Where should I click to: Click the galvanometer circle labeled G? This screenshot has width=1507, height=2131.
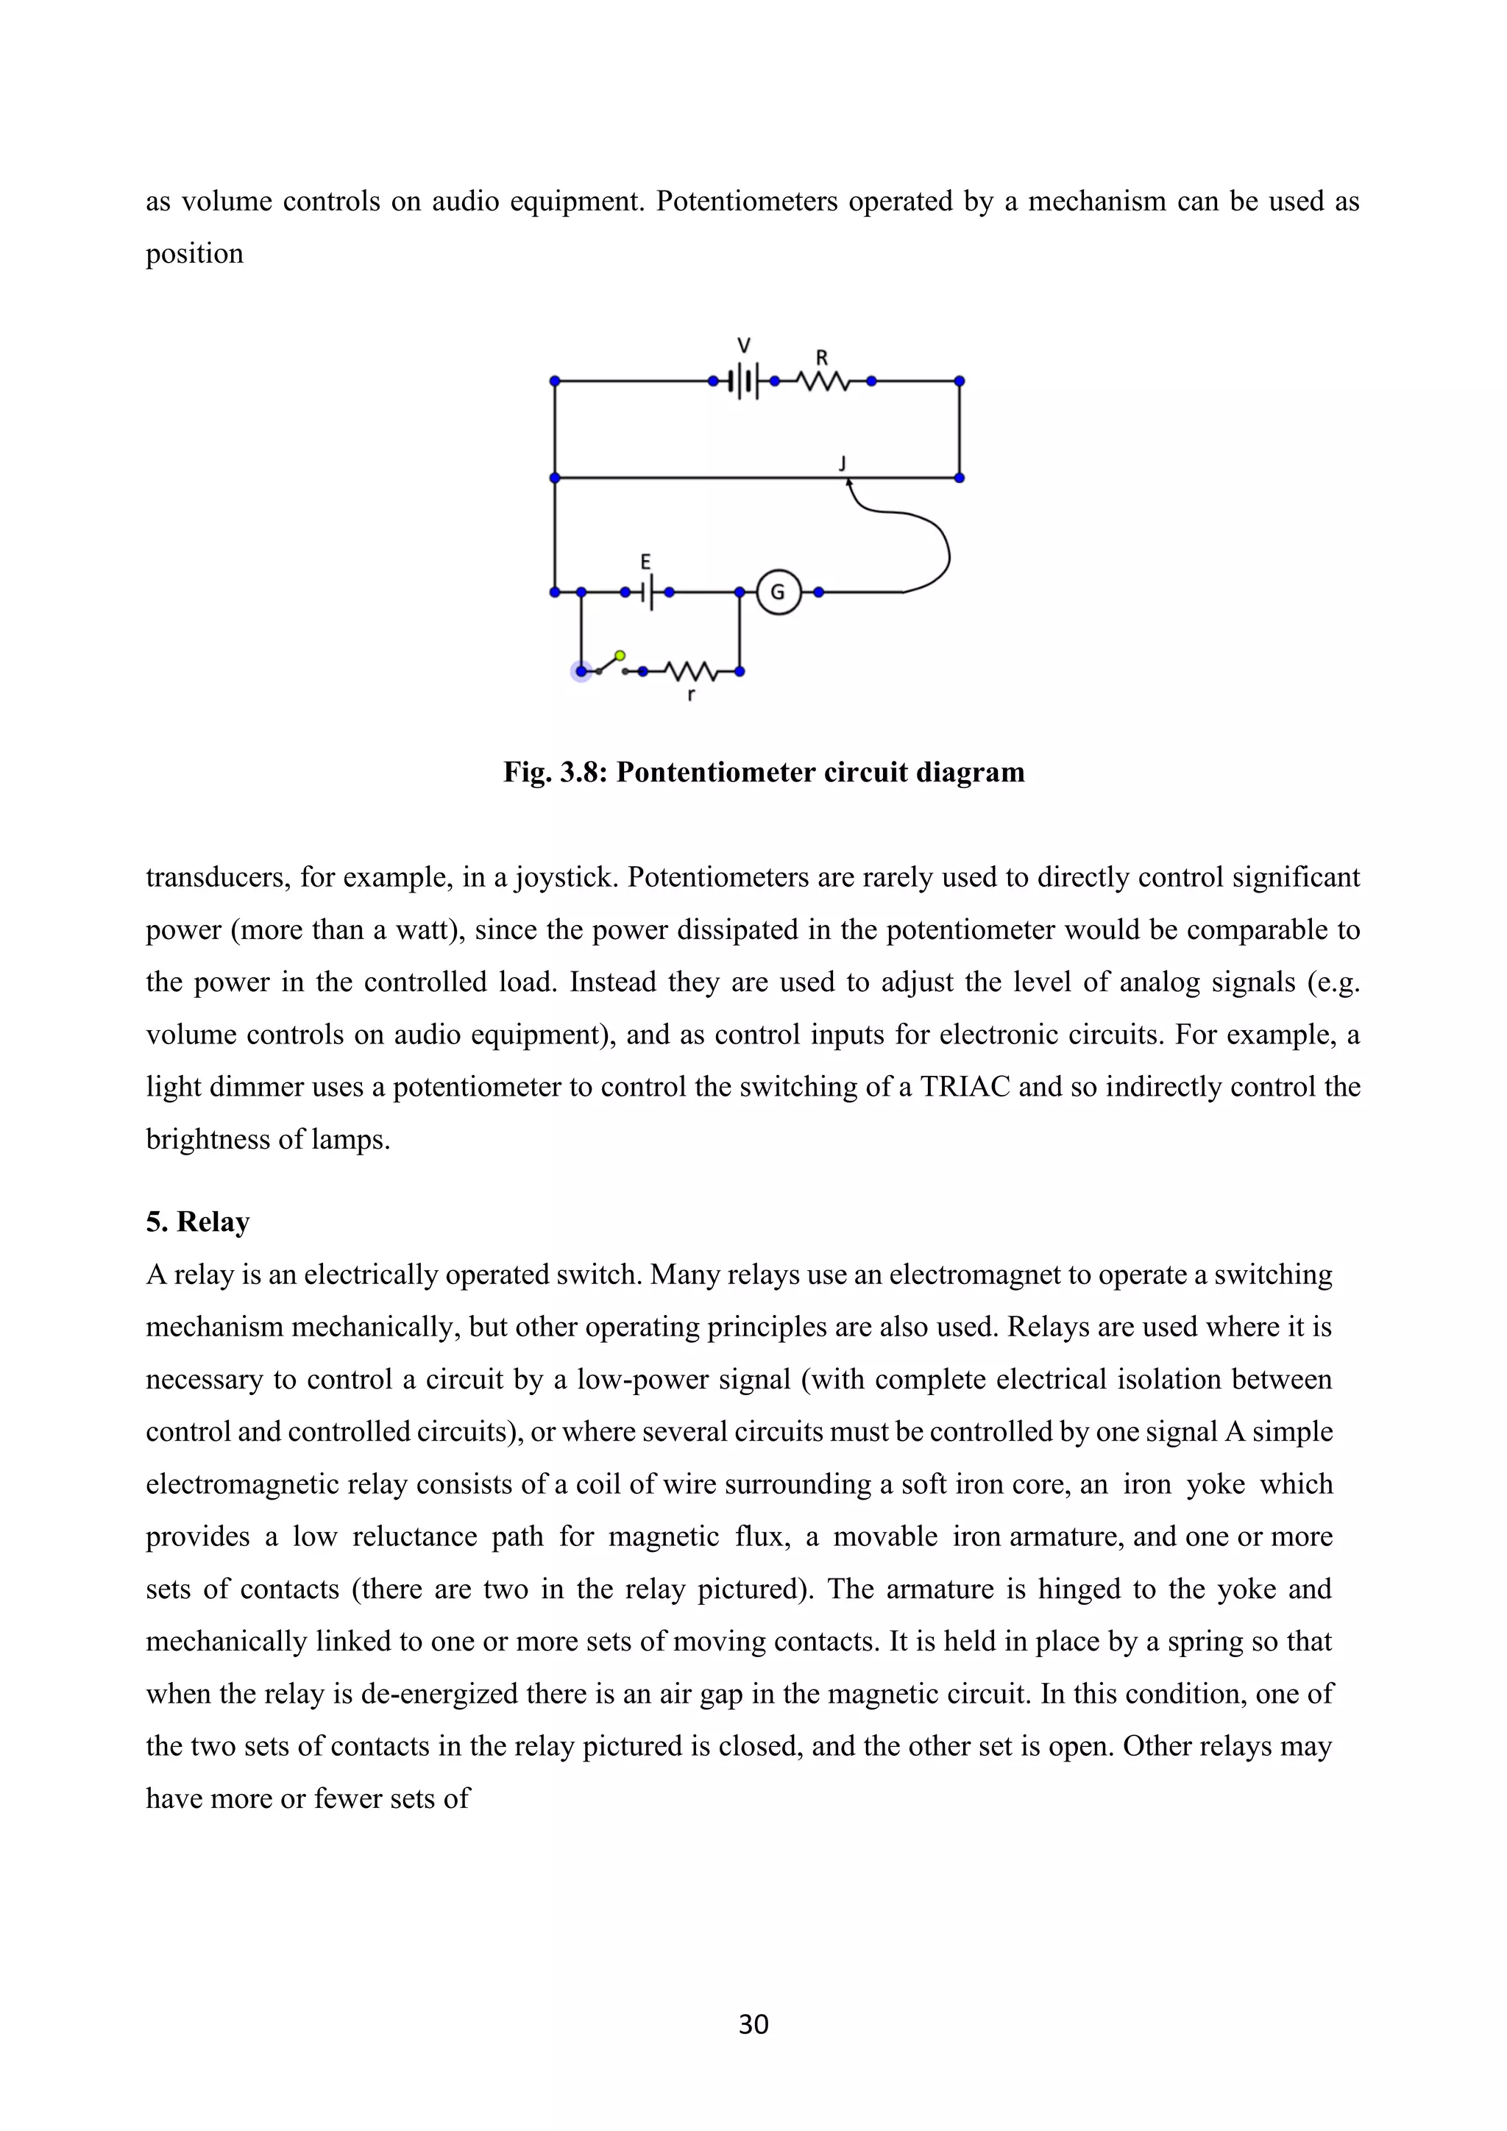click(x=778, y=591)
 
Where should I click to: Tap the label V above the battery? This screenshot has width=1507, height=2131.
click(x=743, y=345)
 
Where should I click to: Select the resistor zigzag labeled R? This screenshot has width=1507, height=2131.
click(x=822, y=380)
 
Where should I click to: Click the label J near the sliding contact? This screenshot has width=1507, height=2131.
click(x=843, y=461)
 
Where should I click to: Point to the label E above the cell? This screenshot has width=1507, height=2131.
click(x=646, y=561)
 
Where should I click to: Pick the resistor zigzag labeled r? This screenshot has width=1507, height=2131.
click(x=689, y=670)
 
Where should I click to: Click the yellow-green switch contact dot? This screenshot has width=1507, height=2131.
click(x=620, y=655)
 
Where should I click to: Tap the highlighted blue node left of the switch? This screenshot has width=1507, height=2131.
click(x=581, y=671)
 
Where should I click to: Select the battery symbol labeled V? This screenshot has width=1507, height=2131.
click(x=743, y=380)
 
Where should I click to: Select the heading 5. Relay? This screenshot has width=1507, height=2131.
click(x=198, y=1221)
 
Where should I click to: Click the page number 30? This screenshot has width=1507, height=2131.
click(x=753, y=2024)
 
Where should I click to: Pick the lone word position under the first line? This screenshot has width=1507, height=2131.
click(x=194, y=253)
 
